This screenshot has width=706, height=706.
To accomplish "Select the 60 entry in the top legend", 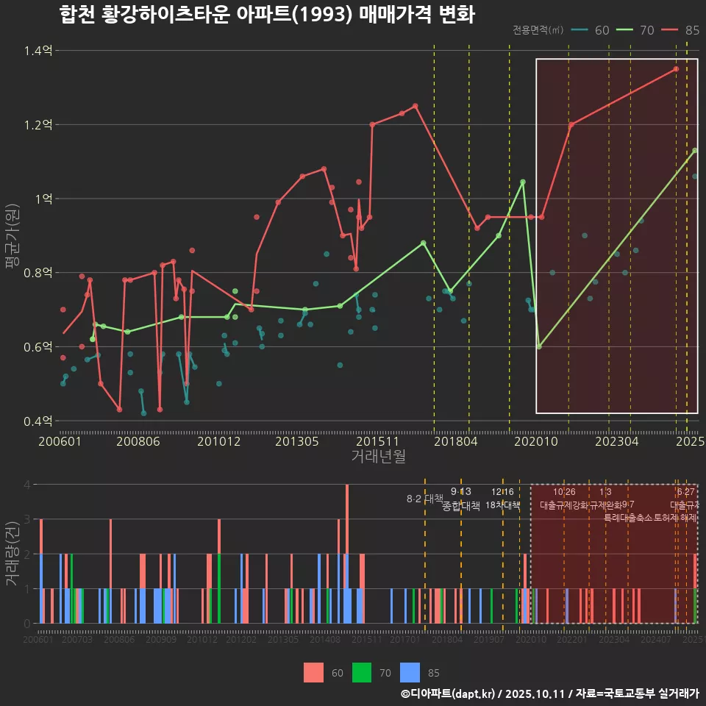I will [x=593, y=30].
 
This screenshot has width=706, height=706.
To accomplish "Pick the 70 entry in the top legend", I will [x=638, y=30].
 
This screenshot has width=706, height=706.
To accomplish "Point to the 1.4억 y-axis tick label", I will [x=38, y=51].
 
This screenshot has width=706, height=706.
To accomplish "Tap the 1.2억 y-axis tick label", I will [x=38, y=125].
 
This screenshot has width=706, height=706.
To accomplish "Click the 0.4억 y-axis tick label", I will [x=38, y=421].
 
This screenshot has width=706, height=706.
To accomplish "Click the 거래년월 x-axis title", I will [x=378, y=457].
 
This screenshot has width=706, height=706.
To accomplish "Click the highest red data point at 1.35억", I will [x=676, y=69].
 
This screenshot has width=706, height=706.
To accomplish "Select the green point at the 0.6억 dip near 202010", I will [x=539, y=346].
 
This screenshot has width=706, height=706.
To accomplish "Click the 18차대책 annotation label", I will [x=503, y=505].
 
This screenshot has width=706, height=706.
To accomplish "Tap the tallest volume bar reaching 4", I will [x=347, y=554].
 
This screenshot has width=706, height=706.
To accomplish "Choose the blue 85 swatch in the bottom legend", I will [x=410, y=672].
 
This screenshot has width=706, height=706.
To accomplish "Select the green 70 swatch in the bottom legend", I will [x=361, y=672].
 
